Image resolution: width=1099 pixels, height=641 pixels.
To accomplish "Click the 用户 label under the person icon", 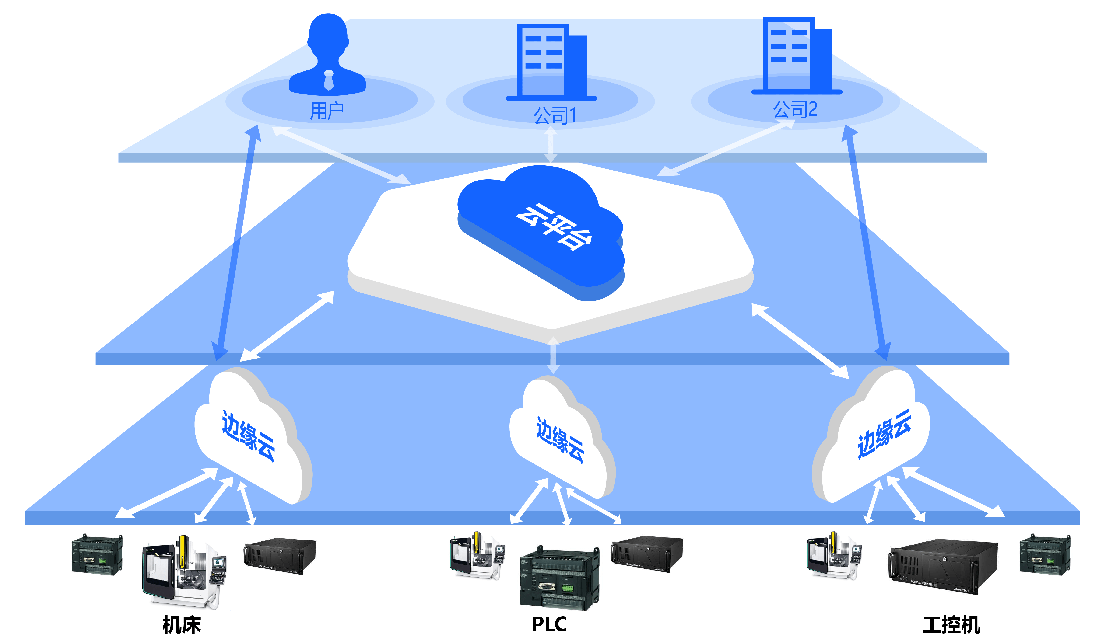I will tap(327, 111).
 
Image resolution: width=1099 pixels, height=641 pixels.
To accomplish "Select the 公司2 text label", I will tap(795, 109).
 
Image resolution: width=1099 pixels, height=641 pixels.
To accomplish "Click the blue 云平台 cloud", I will tap(541, 231).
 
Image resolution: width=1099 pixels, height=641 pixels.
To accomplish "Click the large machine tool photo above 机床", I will tap(184, 571).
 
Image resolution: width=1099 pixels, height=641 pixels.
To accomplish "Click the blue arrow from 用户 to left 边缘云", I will tap(238, 244).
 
